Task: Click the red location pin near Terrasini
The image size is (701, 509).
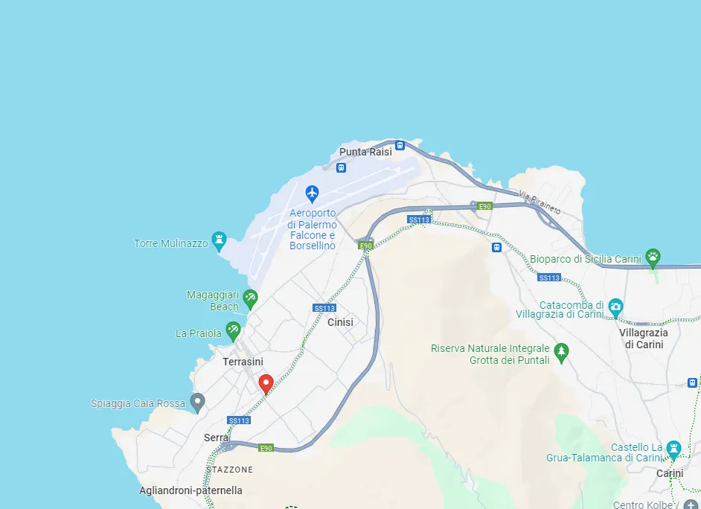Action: (x=265, y=384)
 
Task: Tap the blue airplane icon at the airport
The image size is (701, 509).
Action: (x=312, y=193)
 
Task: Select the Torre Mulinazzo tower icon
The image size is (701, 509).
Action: (x=219, y=240)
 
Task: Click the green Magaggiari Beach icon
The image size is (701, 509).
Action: (x=250, y=298)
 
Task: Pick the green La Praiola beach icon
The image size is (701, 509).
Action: (x=233, y=330)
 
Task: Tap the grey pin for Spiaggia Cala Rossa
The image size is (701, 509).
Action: (x=197, y=403)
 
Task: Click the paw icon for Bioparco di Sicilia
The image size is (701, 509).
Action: (x=653, y=257)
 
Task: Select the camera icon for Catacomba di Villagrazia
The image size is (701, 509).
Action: (x=615, y=306)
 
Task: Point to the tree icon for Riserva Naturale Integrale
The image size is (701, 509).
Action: (x=561, y=350)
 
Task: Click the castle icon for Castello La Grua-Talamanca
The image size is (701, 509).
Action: (x=673, y=448)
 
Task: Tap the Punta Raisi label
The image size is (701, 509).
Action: (x=365, y=152)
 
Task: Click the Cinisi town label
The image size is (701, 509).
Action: (x=340, y=322)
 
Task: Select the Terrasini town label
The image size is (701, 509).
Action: (x=243, y=362)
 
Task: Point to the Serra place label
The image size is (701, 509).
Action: (x=216, y=438)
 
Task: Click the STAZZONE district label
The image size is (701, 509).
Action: (x=230, y=470)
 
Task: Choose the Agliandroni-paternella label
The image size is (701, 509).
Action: (x=191, y=490)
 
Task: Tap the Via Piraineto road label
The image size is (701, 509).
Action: (x=540, y=203)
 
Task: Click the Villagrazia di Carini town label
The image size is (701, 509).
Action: (x=644, y=339)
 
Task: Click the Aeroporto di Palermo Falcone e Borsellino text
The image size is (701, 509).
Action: (x=313, y=229)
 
